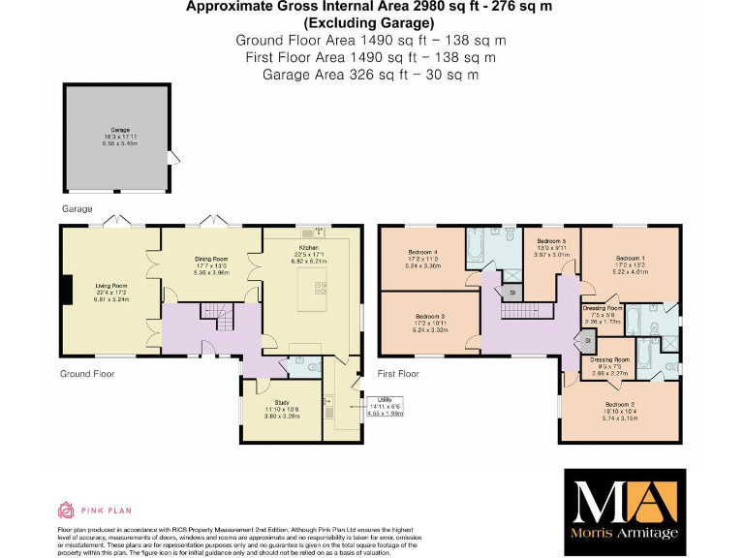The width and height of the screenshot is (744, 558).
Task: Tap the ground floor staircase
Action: [x=212, y=312]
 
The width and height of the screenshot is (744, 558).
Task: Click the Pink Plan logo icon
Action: [x=66, y=510]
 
